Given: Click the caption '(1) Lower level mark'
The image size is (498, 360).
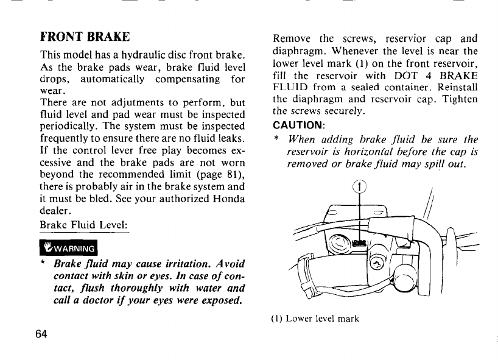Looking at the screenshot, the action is pos(315,318).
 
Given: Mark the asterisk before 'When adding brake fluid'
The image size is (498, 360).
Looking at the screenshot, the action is pos(276,139).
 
